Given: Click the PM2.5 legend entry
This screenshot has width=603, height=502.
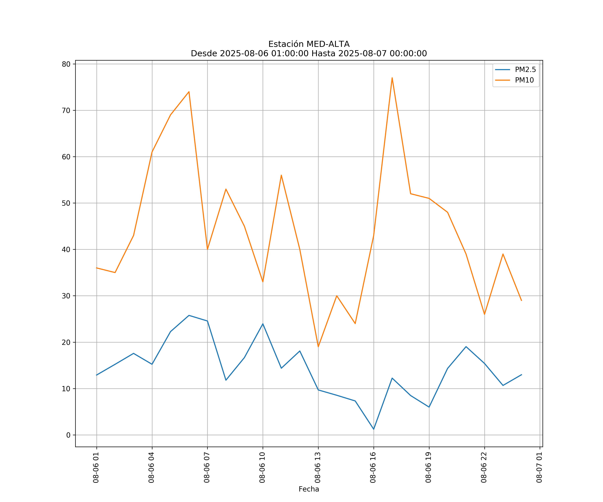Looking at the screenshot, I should coord(525,70).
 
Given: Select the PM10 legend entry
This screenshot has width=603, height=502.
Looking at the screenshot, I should coord(524,80).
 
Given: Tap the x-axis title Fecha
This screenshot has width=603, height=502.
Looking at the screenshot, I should coord(309,489).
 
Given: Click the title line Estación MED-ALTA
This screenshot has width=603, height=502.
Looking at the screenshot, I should coord(309,44).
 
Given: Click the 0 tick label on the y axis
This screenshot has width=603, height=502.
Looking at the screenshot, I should coord(68,435).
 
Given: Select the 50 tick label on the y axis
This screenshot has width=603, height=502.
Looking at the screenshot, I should coord(66,203).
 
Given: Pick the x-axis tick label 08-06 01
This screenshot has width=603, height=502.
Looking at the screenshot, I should coord(96,468).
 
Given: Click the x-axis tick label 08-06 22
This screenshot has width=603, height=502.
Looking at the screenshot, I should coord(484,468).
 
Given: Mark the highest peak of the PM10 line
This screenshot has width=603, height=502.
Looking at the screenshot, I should coord(392,78).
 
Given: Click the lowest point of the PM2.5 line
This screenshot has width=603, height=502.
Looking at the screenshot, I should coord(374,429).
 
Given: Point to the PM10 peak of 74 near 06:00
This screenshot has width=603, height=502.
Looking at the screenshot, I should coord(189,92).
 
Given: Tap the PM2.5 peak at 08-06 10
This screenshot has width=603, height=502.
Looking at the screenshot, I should coord(263,324).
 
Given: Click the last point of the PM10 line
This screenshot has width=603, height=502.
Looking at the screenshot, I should coord(521,301).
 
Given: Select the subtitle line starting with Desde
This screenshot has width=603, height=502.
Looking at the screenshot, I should coord(309,54).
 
